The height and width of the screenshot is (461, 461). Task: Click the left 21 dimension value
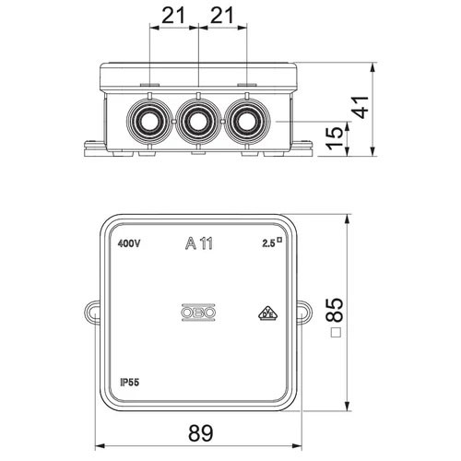173,16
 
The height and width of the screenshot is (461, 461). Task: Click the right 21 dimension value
222,16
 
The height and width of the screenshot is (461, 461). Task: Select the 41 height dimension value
360,107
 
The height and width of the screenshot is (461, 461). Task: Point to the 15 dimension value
335,138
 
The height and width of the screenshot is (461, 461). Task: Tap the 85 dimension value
335,310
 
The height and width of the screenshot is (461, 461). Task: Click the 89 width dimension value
200,433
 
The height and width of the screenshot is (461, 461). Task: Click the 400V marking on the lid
129,243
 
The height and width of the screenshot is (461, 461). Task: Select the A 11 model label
199,243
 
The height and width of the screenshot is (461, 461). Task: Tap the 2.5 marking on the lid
268,243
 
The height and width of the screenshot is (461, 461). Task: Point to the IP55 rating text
129,382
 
